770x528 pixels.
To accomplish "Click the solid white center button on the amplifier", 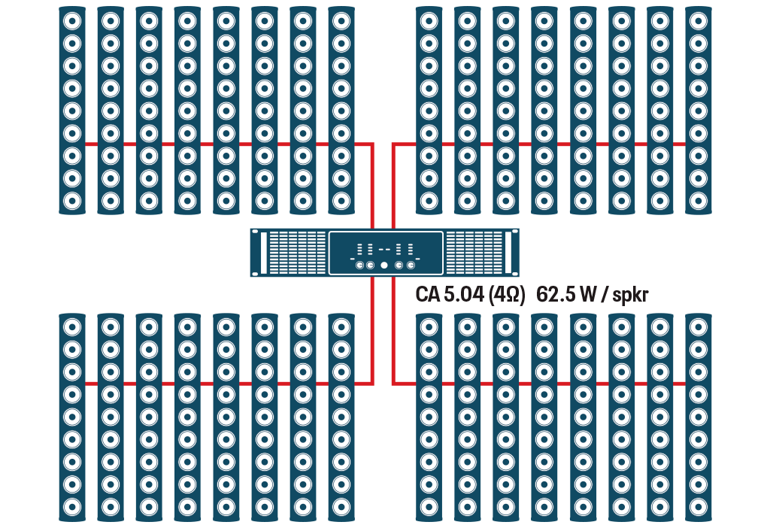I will (384, 266).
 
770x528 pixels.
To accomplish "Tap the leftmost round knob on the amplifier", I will (359, 266).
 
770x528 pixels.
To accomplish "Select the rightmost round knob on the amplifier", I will (411, 266).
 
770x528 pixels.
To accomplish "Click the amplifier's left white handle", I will (264, 253).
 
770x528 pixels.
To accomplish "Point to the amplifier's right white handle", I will (508, 253).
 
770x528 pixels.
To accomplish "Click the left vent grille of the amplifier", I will (297, 253).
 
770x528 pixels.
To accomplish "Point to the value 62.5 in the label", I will (556, 295).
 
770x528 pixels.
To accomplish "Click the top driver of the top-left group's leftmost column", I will (72, 20).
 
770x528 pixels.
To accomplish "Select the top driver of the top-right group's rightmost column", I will (697, 20).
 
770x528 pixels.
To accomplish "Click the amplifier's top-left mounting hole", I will (255, 232).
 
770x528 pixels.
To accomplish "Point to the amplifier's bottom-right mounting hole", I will (515, 274).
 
